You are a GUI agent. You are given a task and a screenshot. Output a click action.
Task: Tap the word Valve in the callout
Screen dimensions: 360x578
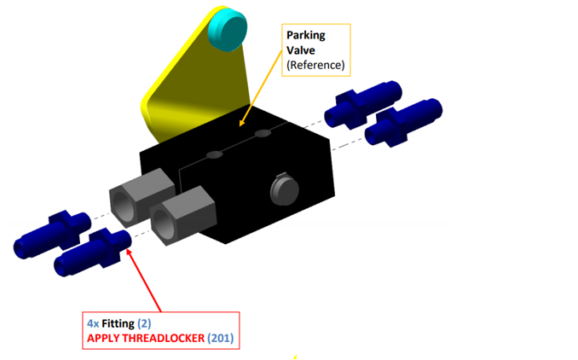click(x=300, y=49)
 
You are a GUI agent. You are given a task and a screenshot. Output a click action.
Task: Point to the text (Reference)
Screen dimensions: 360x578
click(x=315, y=64)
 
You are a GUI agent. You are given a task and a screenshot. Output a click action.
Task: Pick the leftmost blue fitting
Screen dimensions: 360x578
click(x=51, y=235)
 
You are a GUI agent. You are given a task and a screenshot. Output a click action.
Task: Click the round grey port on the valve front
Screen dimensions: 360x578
click(x=281, y=189)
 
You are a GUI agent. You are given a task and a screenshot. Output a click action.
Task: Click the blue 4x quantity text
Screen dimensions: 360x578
click(x=94, y=324)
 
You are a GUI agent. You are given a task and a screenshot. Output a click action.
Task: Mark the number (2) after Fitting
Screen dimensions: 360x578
click(x=144, y=324)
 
